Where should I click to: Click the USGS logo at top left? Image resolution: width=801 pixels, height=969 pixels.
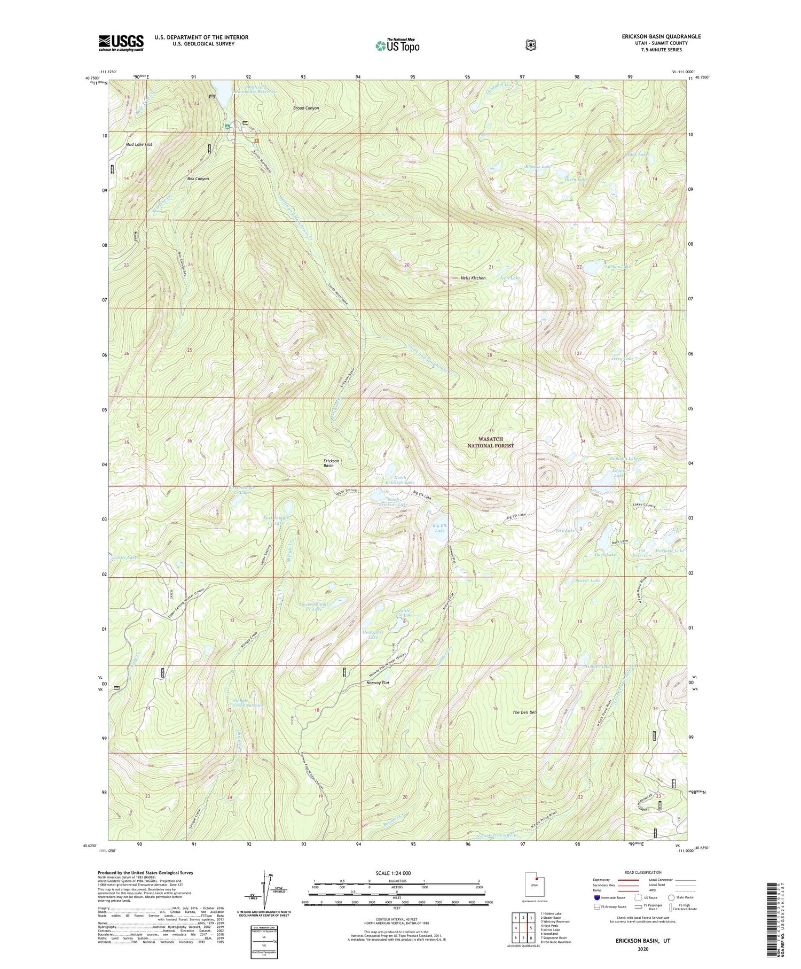(x=121, y=43)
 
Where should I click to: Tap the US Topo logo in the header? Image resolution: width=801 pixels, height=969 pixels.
(x=397, y=45)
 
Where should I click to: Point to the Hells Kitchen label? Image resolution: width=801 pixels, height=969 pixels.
(x=473, y=278)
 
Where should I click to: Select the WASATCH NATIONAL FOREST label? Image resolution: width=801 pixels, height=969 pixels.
(x=491, y=442)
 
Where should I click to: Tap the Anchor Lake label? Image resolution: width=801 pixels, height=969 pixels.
(x=618, y=266)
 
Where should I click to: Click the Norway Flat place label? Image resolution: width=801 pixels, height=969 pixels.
(x=378, y=683)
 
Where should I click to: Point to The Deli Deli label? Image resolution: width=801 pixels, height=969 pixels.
(x=524, y=712)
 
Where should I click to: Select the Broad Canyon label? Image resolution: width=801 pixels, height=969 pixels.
(x=306, y=108)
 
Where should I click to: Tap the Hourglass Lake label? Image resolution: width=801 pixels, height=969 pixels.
(x=373, y=634)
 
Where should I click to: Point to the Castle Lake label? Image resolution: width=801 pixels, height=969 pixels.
(x=124, y=557)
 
